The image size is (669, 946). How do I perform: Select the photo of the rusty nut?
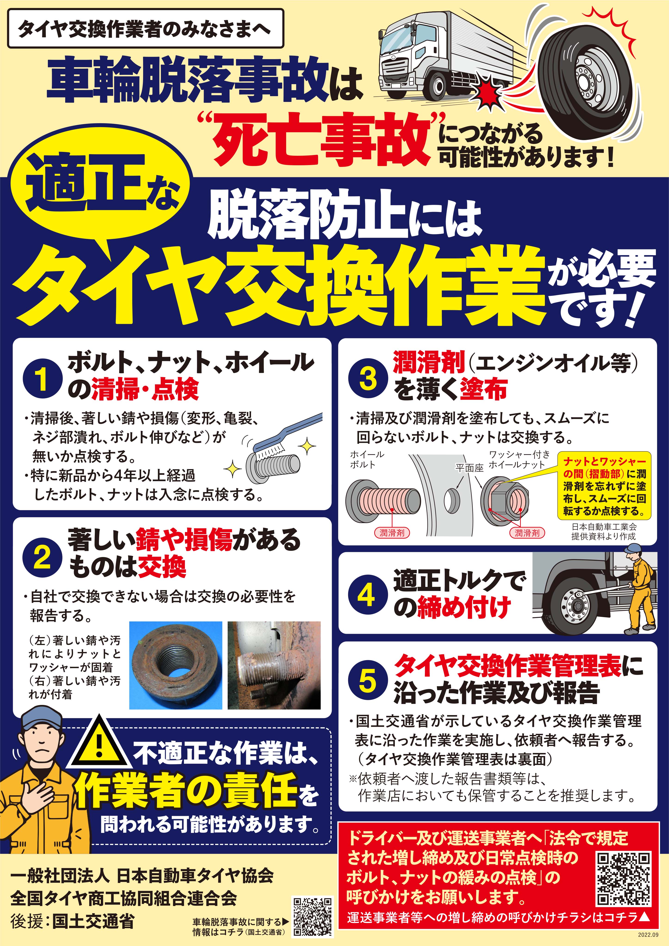click(176, 665)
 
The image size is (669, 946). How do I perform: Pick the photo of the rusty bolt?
click(274, 665)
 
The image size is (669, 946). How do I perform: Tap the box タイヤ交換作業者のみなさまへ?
click(145, 28)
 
